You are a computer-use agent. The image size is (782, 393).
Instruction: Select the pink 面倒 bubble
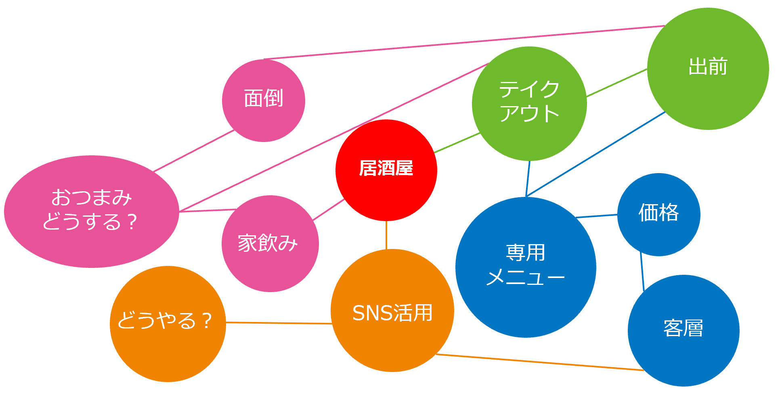click(264, 117)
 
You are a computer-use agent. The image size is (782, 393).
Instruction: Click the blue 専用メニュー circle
click(526, 299)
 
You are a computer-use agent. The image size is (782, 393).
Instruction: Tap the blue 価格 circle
click(658, 234)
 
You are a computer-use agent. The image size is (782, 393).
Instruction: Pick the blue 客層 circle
click(683, 351)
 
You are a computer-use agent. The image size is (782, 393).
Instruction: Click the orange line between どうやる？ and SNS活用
click(279, 323)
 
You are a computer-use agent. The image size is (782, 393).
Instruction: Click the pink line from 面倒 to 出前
click(464, 42)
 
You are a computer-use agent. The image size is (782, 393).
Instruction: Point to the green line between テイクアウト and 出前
click(616, 83)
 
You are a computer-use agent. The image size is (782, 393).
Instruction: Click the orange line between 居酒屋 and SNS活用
click(386, 235)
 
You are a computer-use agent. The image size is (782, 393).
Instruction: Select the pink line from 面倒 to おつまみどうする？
click(194, 151)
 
